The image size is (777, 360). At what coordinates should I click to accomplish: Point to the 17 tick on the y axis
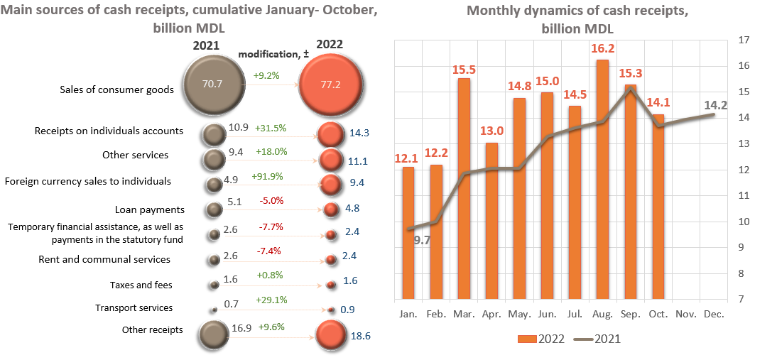coord(744,40)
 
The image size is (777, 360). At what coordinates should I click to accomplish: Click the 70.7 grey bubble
coord(212,84)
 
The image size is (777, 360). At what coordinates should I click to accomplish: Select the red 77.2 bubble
coord(332,84)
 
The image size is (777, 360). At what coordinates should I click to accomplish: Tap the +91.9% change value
coord(268,176)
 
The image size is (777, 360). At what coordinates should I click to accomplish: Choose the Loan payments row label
coord(150,209)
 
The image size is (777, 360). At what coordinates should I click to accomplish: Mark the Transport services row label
coord(134,307)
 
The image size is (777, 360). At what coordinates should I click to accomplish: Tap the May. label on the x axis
coord(518,313)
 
